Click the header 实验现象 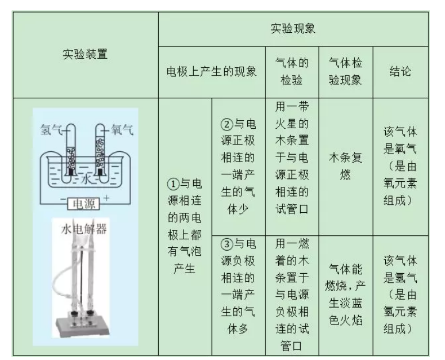293,29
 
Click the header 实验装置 85,54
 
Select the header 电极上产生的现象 212,71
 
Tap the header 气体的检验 291,71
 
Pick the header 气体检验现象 346,71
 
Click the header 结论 400,71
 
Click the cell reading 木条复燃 346,166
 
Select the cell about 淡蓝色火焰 346,294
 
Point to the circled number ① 173,184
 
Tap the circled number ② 227,124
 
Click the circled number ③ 227,244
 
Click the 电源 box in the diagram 84,204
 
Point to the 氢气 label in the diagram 51,130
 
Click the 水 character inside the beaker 86,179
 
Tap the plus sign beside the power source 106,198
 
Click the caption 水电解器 84,229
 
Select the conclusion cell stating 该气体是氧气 400,166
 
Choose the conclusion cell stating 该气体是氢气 400,294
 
